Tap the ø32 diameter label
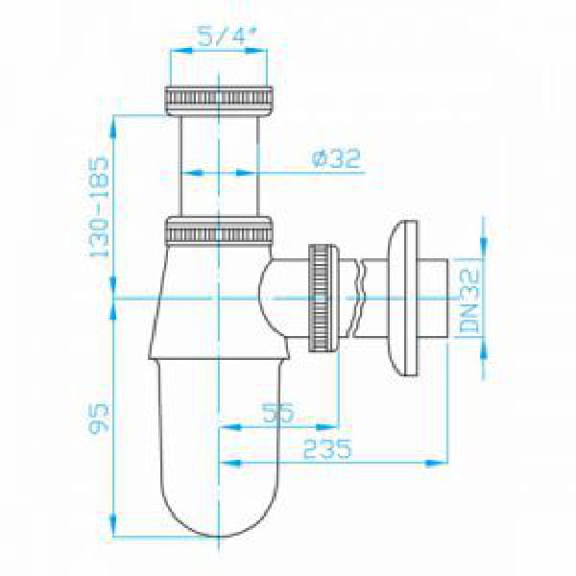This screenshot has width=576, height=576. pyautogui.click(x=336, y=158)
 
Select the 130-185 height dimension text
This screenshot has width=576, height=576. pyautogui.click(x=100, y=207)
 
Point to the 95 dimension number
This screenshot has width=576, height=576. pyautogui.click(x=99, y=419)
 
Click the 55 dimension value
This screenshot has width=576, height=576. pyautogui.click(x=278, y=412)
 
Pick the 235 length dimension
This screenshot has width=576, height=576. pyautogui.click(x=327, y=448)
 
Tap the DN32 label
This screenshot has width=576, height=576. pyautogui.click(x=469, y=300)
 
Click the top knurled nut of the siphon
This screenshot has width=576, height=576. pyautogui.click(x=219, y=101)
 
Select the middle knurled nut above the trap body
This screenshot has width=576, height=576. pyautogui.click(x=219, y=231)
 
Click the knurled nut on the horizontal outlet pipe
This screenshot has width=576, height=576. pyautogui.click(x=323, y=298)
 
